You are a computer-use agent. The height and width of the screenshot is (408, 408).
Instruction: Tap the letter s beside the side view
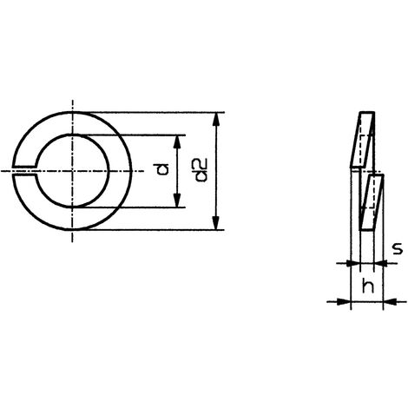point(396,248)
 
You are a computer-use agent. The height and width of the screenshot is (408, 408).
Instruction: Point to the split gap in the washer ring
point(26,171)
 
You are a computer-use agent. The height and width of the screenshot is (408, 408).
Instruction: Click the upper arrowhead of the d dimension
point(178,140)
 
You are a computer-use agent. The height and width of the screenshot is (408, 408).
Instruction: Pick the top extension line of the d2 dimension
point(156,112)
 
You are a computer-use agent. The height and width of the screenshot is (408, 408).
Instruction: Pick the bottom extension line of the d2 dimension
point(156,230)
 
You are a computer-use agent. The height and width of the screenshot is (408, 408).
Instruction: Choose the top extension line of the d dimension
point(139,135)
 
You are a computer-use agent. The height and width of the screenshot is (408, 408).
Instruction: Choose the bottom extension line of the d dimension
point(139,208)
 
